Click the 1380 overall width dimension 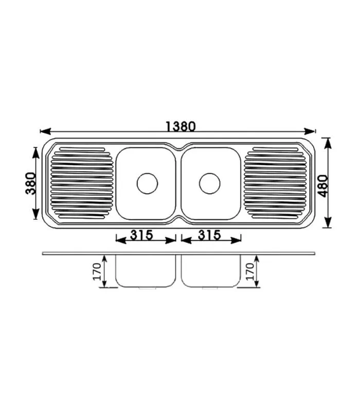click(181, 126)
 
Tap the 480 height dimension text click(323, 185)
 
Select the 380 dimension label click(31, 183)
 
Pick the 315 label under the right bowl click(209, 235)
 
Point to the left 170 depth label click(97, 271)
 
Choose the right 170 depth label click(250, 271)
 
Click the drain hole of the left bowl click(148, 183)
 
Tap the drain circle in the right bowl click(210, 183)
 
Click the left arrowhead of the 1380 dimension click(45, 131)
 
